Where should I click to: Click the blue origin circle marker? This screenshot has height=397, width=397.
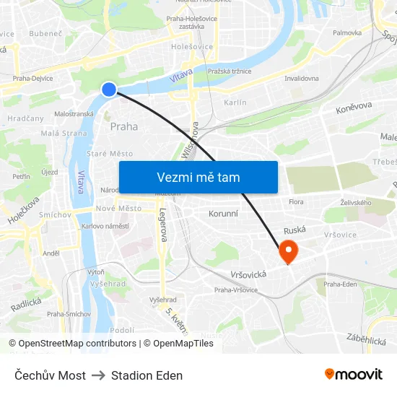(x=109, y=89)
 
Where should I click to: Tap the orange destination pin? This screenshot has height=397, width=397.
(x=288, y=251)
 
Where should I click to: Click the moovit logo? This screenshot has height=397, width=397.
(x=353, y=374)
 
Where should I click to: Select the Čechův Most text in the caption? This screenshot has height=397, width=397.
(x=51, y=375)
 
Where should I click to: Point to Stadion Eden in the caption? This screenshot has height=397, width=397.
(x=147, y=375)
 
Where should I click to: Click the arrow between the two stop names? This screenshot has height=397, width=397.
(x=98, y=375)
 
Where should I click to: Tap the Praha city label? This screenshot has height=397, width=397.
(x=124, y=126)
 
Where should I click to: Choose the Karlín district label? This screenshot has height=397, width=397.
(x=235, y=102)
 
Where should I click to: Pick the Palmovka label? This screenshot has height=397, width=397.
(x=347, y=32)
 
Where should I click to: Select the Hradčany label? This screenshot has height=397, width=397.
(x=25, y=118)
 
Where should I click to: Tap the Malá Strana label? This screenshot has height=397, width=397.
(x=64, y=133)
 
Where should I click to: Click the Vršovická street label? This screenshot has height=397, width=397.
(x=248, y=274)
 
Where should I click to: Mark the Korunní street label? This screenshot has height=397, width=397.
(x=223, y=214)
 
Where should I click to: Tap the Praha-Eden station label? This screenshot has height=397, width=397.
(x=340, y=284)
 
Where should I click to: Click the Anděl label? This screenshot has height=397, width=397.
(x=51, y=253)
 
